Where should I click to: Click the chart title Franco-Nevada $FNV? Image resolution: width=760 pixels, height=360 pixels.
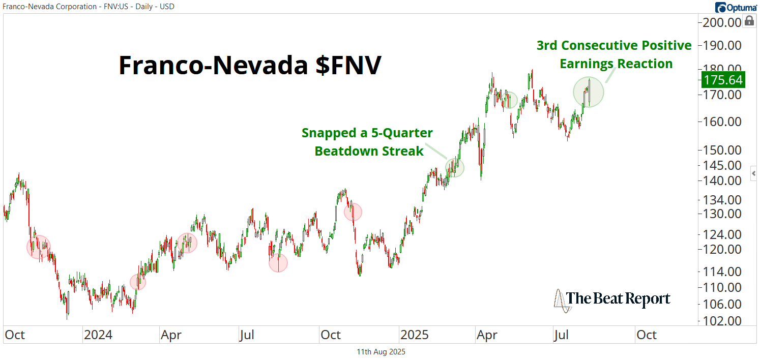249,66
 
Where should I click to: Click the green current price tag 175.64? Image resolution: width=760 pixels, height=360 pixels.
722,80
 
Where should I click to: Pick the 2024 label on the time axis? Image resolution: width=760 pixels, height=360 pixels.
99,335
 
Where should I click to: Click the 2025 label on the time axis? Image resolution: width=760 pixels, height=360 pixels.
415,335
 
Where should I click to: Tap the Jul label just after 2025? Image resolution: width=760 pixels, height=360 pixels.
561,335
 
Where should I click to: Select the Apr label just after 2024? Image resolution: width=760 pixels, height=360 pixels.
171,335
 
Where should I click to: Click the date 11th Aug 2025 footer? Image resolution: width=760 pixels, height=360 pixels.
380,351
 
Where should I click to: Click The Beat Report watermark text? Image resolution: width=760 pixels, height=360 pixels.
618,298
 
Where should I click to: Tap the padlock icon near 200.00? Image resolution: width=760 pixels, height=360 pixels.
749,21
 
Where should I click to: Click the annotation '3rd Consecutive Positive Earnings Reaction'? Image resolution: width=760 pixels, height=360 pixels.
614,54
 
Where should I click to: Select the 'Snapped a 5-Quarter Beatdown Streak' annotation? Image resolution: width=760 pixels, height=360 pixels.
367,142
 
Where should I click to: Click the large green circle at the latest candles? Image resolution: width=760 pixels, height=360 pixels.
589,93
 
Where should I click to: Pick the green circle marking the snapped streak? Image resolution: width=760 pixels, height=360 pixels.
455,167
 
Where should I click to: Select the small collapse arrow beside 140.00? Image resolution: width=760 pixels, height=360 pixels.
754,173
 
